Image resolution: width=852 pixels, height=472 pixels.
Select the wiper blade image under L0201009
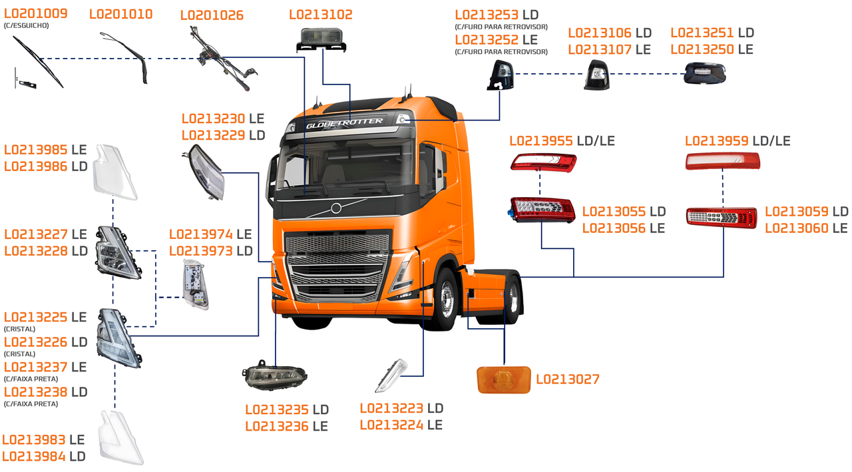pyautogui.click(x=39, y=61)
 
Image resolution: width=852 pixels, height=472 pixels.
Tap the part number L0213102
pyautogui.click(x=321, y=15)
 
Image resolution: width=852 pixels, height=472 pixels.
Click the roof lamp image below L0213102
pyautogui.click(x=321, y=40)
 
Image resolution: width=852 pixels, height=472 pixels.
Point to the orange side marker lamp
pyautogui.click(x=503, y=379)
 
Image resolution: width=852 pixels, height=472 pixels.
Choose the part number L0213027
pyautogui.click(x=567, y=379)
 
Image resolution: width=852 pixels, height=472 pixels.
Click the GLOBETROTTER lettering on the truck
pyautogui.click(x=344, y=122)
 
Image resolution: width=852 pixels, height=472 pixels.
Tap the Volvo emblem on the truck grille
pyautogui.click(x=335, y=208)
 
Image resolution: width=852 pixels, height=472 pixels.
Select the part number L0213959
pyautogui.click(x=717, y=141)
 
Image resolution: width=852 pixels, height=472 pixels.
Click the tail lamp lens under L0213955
pyautogui.click(x=543, y=162)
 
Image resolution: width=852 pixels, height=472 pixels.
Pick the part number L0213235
pyautogui.click(x=277, y=409)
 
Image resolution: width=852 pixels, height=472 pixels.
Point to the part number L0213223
pyautogui.click(x=391, y=408)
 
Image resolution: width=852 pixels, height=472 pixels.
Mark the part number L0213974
pyautogui.click(x=200, y=234)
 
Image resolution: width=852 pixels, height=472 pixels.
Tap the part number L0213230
pyautogui.click(x=213, y=118)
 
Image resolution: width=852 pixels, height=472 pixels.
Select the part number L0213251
pyautogui.click(x=702, y=33)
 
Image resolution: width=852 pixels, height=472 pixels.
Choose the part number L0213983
pyautogui.click(x=34, y=439)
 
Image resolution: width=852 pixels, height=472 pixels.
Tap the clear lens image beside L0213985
pyautogui.click(x=114, y=171)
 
